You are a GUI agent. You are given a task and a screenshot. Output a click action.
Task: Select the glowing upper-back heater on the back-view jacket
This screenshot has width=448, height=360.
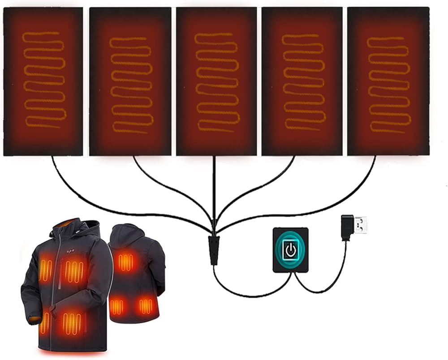click(126, 262)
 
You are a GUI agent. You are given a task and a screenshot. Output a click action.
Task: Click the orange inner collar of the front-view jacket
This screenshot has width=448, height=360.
click(67, 223)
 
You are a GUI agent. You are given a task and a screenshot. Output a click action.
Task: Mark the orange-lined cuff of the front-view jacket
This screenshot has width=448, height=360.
click(33, 320)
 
